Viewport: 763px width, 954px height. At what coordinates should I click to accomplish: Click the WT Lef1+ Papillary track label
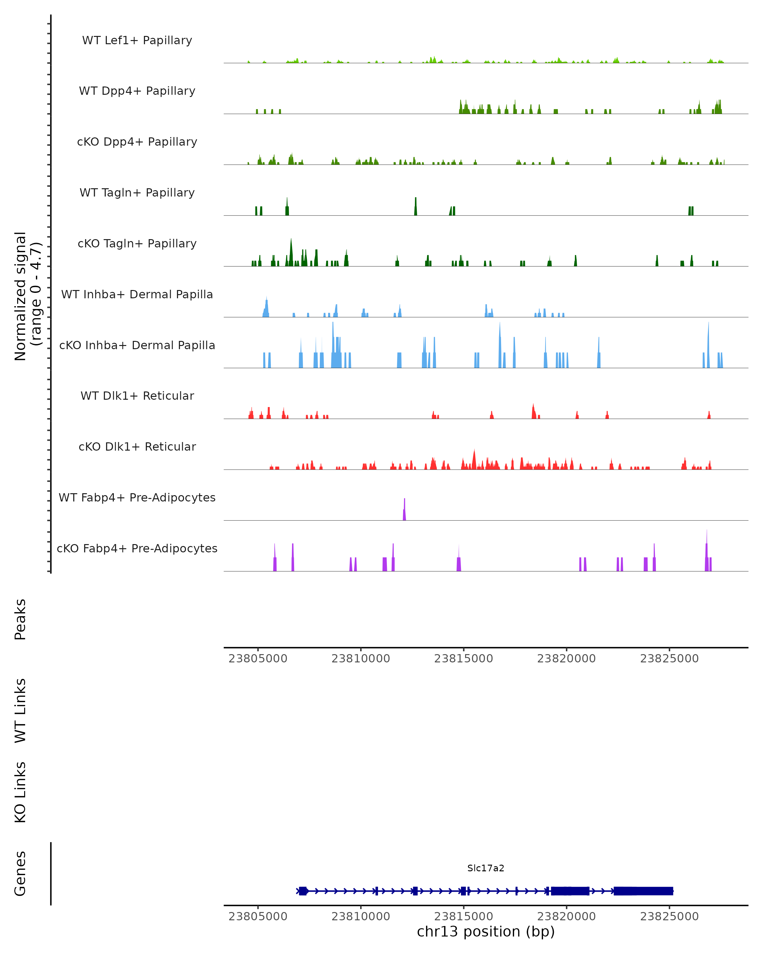[x=137, y=41]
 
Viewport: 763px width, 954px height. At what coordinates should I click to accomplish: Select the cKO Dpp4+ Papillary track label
[x=137, y=142]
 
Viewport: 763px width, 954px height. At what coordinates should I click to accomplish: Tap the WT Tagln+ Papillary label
[x=137, y=193]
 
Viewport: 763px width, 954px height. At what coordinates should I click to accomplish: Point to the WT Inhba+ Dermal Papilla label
[x=137, y=295]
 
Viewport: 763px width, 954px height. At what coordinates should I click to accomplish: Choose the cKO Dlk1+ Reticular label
[x=137, y=447]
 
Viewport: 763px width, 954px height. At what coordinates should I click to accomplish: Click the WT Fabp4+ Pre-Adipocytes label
[x=137, y=498]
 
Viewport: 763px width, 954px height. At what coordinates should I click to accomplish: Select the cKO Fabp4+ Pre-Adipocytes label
[x=137, y=549]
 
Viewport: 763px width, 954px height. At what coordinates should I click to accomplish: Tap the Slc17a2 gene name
[x=486, y=868]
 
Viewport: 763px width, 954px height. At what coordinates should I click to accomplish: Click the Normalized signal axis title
[x=27, y=296]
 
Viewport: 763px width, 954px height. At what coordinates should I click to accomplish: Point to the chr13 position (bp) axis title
[x=486, y=932]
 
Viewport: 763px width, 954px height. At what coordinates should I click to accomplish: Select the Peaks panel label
[x=20, y=619]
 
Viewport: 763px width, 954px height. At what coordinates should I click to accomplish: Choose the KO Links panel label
[x=20, y=792]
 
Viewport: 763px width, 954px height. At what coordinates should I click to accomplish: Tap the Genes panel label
[x=20, y=874]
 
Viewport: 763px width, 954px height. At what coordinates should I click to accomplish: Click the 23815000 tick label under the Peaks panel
[x=464, y=659]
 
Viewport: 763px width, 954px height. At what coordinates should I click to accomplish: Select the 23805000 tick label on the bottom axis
[x=258, y=916]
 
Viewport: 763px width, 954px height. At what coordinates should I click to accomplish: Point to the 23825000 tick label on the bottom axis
[x=669, y=916]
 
